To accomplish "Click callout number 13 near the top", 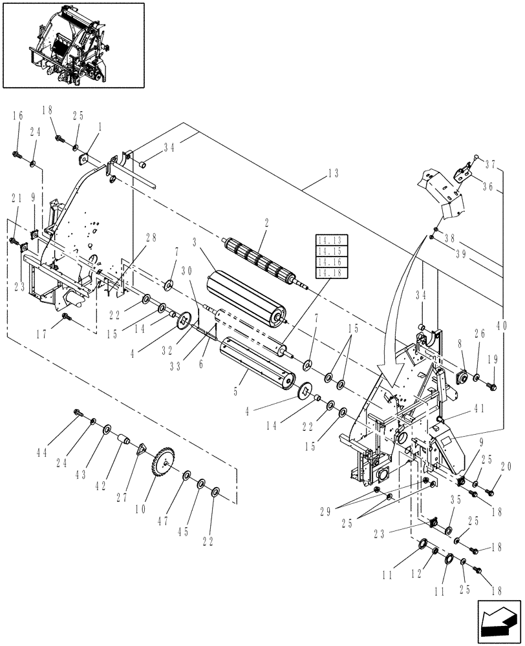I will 333,173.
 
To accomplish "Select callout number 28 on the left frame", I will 150,237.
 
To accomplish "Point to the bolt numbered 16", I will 16,154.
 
